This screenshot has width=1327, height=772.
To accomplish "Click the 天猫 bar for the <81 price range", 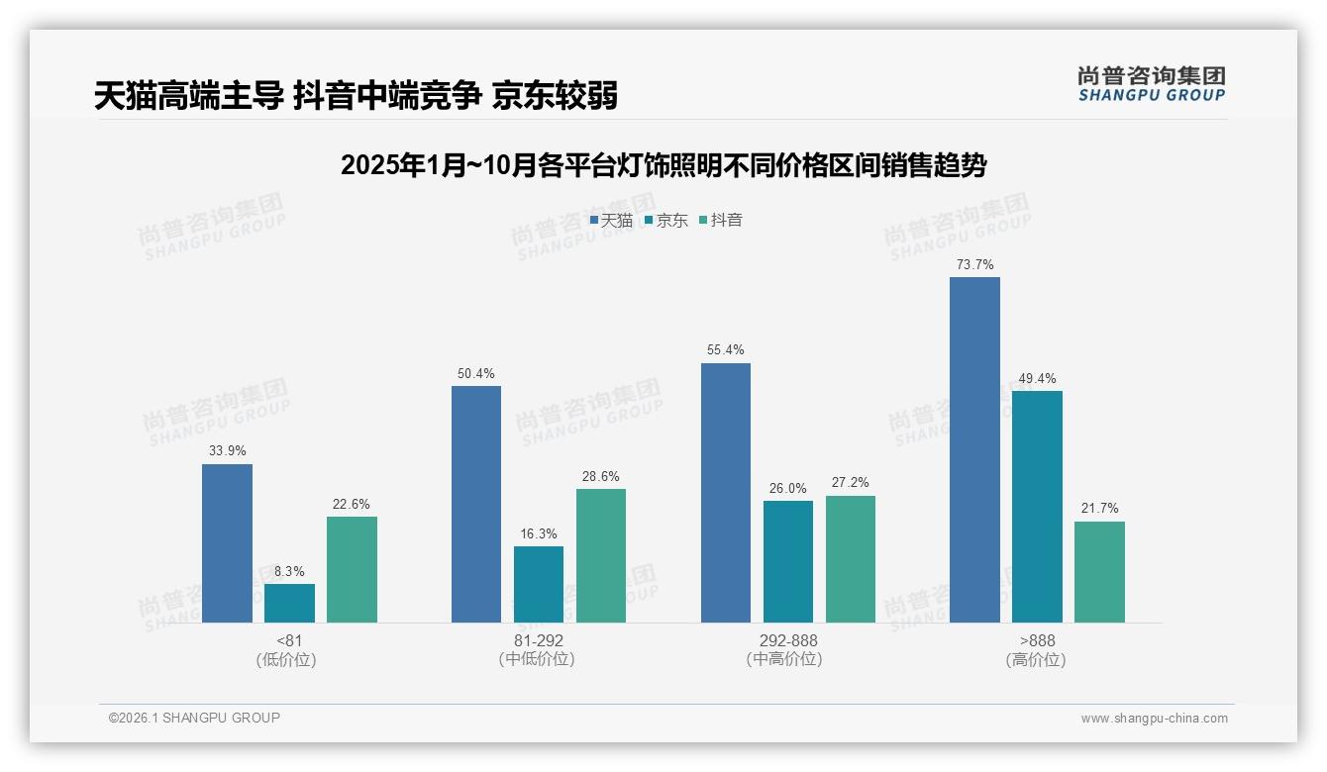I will point(227,543).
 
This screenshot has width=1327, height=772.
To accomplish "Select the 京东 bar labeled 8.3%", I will point(289,603).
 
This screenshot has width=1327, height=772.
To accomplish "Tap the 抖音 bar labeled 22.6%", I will point(352,569).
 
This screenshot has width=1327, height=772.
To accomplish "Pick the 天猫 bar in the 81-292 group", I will point(476,504).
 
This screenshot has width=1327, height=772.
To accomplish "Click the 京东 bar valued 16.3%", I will point(539,584).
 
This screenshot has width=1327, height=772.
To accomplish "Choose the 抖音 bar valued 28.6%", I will point(601,555).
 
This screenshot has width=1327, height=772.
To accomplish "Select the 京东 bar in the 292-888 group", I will point(788,561).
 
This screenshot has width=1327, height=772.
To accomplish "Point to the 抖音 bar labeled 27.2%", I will point(851,559).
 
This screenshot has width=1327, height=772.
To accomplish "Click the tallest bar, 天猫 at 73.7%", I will point(974,449).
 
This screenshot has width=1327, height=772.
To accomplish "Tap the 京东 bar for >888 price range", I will point(1037,507).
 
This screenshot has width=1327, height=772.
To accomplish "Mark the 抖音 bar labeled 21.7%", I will point(1099,572).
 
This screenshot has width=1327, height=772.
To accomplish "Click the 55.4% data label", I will point(726,350).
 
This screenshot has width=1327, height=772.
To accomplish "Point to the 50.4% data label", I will point(476,373).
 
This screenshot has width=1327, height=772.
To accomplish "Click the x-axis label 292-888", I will point(788,640).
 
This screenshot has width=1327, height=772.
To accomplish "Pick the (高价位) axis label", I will point(1037,659).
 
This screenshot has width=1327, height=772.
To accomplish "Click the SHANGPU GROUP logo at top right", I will point(1151,84).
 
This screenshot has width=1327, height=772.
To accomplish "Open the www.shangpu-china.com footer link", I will point(1154,719).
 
